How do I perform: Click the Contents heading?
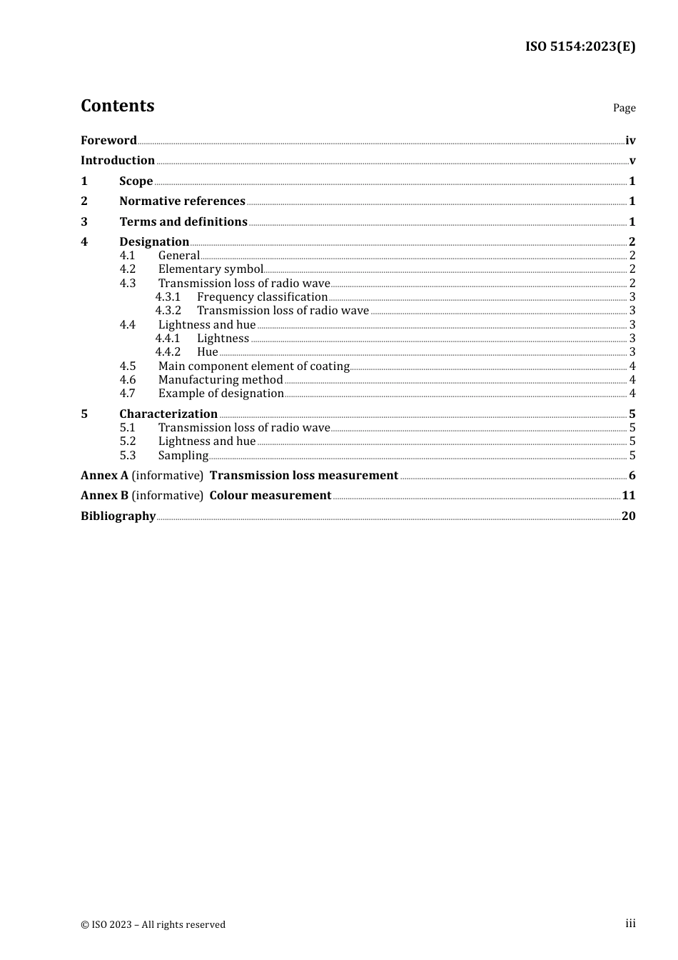pos(117,106)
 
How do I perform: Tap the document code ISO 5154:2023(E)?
pos(580,47)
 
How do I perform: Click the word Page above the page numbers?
pos(624,108)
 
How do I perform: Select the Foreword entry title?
pos(108,141)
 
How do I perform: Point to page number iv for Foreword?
pos(630,141)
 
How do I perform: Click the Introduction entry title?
pos(118,161)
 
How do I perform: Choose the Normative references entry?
pos(182,201)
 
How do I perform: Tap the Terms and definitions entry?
pos(183,222)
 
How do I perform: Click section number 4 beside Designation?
pos(84,242)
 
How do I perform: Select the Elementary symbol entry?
pos(211,269)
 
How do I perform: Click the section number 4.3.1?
pos(168,297)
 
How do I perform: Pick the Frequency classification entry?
pos(262,297)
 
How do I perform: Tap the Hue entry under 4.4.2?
pos(207,352)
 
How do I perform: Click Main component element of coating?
pos(253,366)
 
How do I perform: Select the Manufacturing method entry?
pos(221,380)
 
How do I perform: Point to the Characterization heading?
pos(168,414)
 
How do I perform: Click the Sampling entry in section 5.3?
pos(183,456)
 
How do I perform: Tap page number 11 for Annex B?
pos(628,496)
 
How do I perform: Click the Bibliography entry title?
pos(118,516)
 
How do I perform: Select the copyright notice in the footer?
pos(153,925)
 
